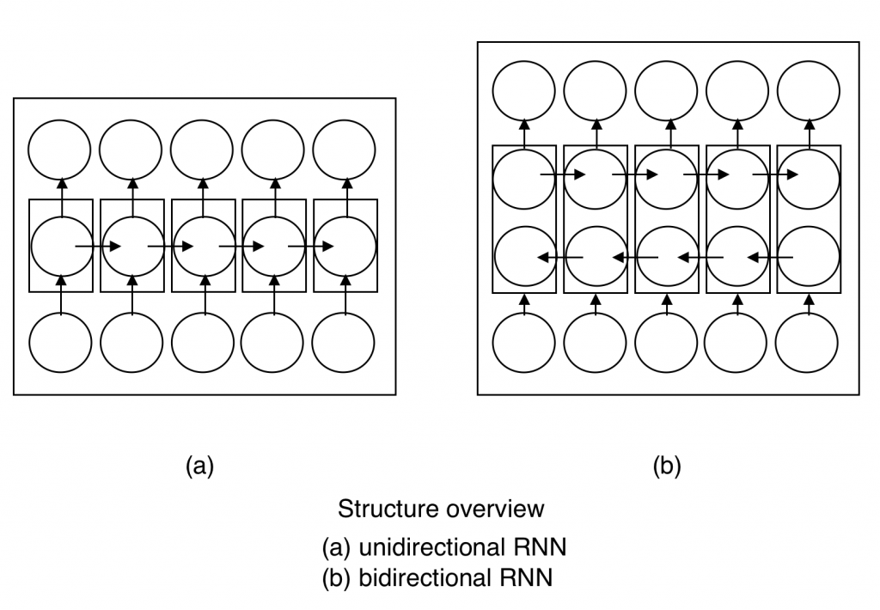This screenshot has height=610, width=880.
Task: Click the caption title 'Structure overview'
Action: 441,508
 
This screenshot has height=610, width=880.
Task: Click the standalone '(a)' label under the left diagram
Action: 199,466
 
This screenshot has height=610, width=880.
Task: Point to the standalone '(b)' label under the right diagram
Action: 667,466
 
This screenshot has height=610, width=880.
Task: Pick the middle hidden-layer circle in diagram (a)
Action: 203,247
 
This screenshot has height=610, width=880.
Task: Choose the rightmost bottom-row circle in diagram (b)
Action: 807,342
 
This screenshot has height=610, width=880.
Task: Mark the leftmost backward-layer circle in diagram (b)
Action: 523,256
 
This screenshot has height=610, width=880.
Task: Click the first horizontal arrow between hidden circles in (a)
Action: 98,247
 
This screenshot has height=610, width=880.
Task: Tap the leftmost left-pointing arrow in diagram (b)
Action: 560,256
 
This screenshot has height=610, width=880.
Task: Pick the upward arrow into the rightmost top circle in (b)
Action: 809,134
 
